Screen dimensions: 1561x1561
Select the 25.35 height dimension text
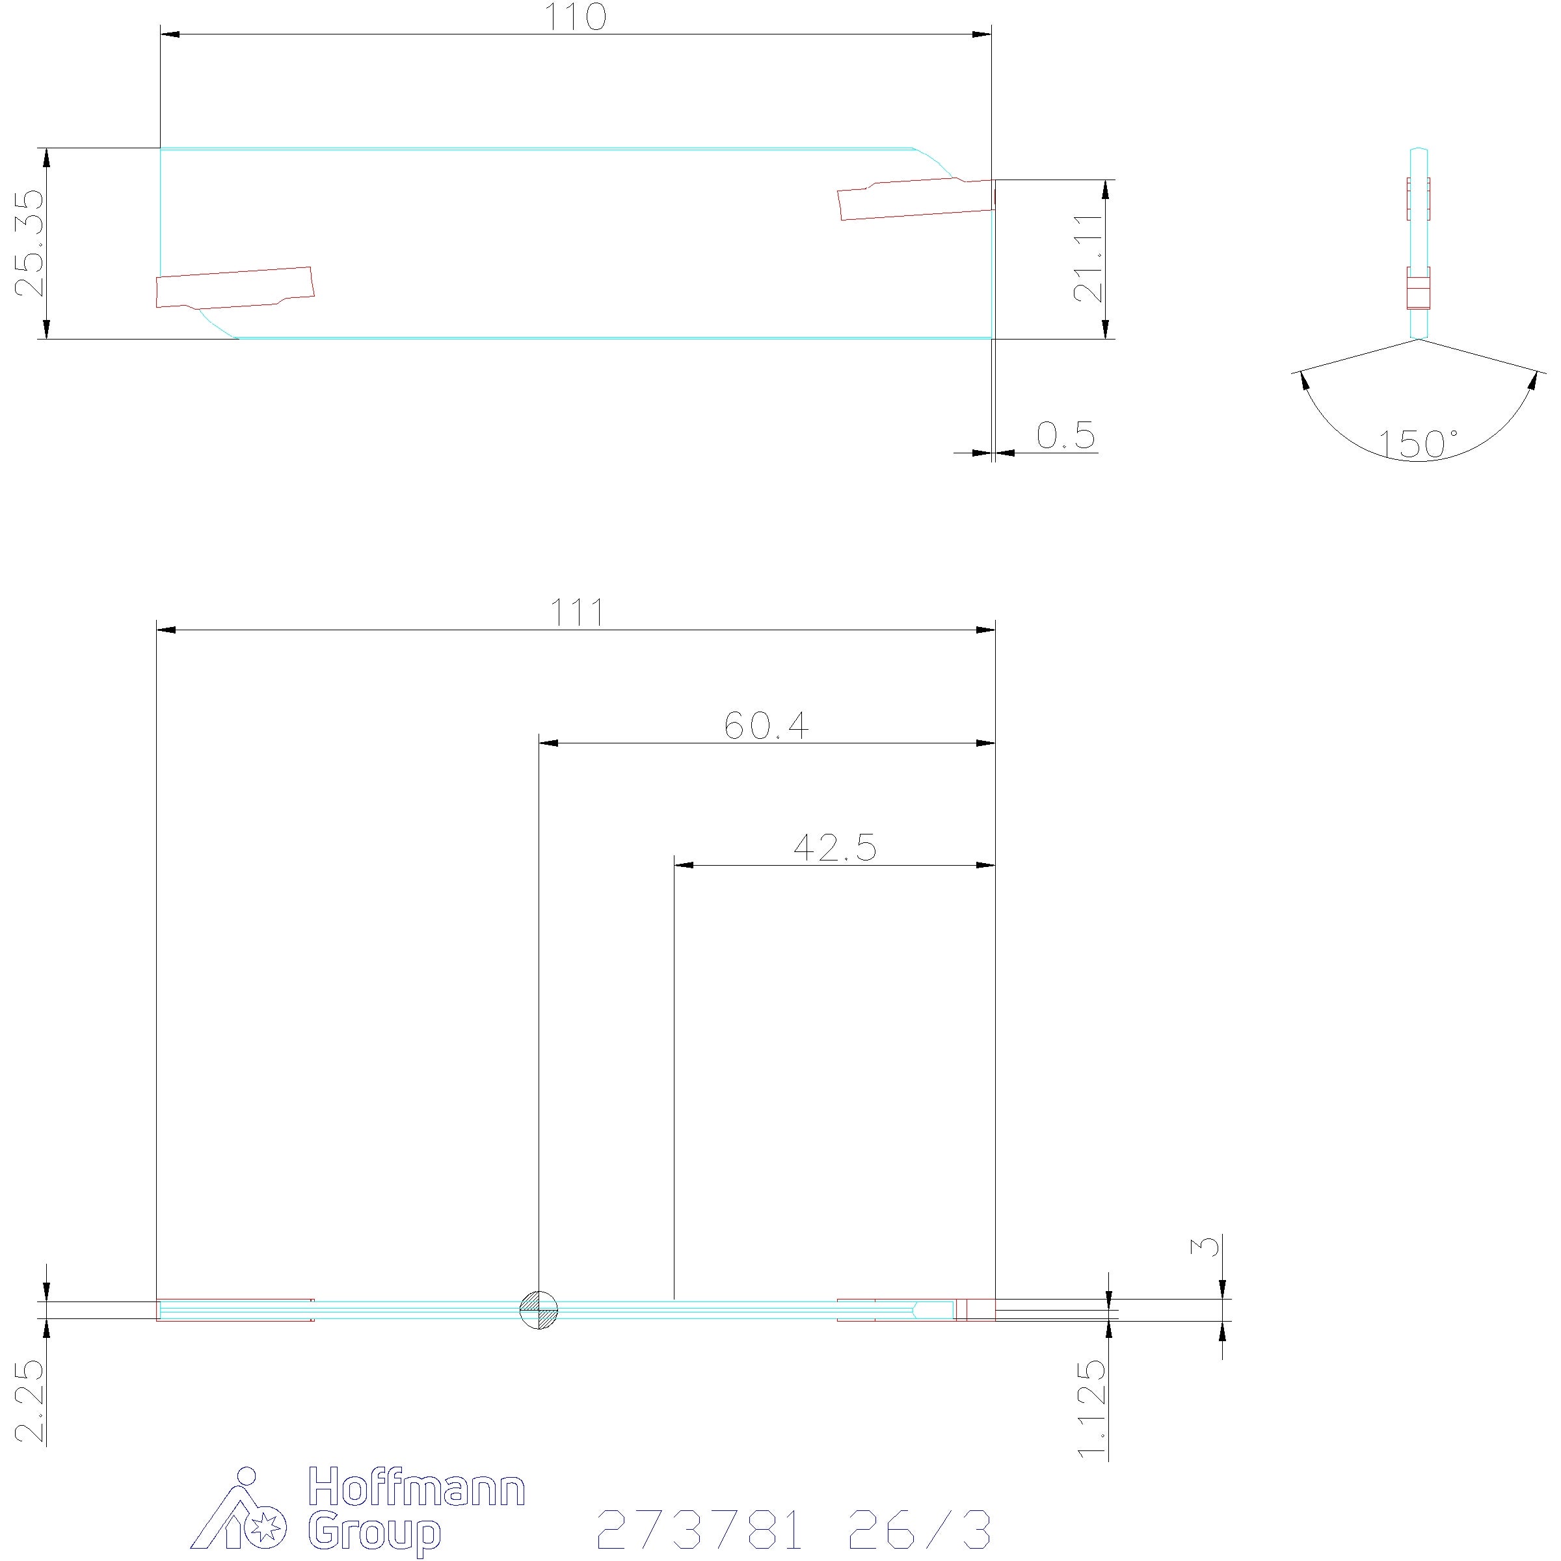[30, 243]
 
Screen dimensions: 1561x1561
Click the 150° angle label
[1418, 444]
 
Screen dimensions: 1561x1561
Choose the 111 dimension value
[577, 613]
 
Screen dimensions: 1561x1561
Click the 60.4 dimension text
[766, 726]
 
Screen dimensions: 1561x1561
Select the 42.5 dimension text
[834, 847]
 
